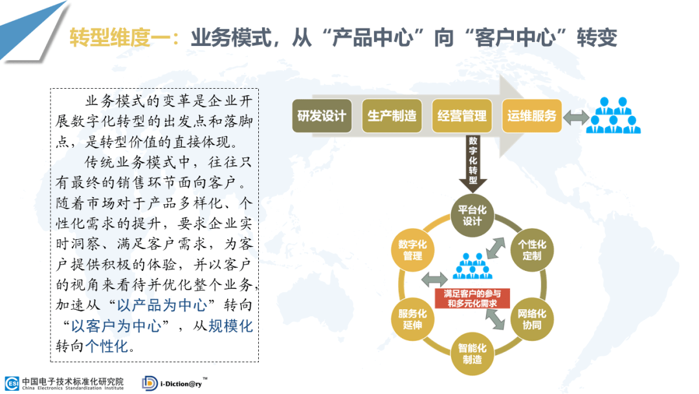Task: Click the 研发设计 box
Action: pos(322,116)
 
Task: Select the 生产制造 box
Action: pos(392,116)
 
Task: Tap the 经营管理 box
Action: pos(462,116)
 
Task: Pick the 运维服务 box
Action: pos(532,116)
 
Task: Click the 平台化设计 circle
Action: pos(472,216)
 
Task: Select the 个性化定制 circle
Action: pos(532,250)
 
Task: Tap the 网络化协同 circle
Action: pos(532,319)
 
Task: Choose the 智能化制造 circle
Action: pos(472,354)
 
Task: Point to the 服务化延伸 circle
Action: pos(412,319)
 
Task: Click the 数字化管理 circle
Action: pos(412,250)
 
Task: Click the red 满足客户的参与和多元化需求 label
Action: pos(472,299)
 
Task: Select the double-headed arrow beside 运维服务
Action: pos(577,117)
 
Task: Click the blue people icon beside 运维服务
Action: pos(614,115)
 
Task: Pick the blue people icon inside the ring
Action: pos(472,266)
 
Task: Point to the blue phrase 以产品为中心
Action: pos(162,305)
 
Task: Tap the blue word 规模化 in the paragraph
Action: pos(230,326)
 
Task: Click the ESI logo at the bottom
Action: pos(12,383)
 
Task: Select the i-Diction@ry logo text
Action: pos(181,384)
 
